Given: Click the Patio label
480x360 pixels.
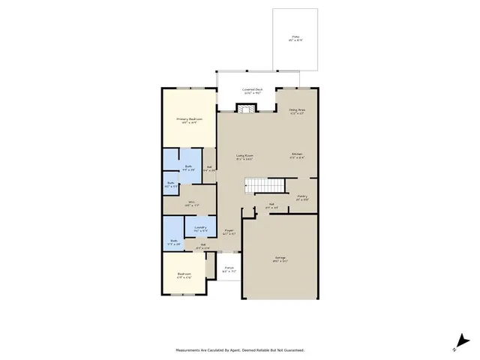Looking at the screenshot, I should [296, 37].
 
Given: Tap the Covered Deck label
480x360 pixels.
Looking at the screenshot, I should [252, 89].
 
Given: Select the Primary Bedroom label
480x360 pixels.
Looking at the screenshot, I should [190, 118].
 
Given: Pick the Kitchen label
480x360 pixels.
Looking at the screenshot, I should [298, 155].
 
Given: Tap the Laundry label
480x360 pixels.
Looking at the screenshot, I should [200, 227].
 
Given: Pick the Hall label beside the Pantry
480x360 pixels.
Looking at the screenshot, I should [272, 204].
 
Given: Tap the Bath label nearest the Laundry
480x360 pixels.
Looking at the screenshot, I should [174, 241].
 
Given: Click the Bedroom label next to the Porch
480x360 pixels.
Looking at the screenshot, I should [184, 274].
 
